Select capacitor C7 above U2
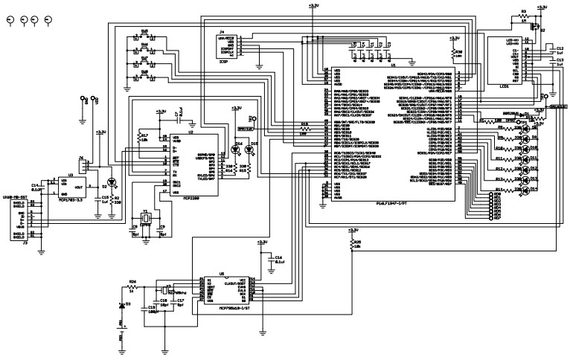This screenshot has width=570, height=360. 176,115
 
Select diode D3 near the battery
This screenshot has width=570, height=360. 122,305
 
